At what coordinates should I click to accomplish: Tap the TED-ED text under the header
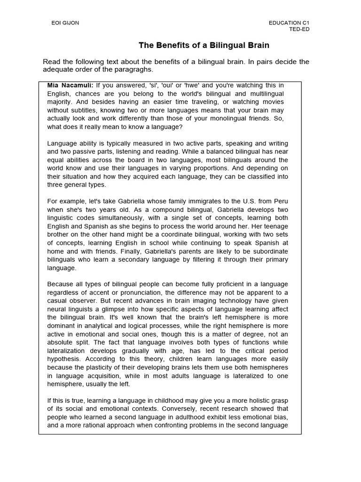click(299, 29)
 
